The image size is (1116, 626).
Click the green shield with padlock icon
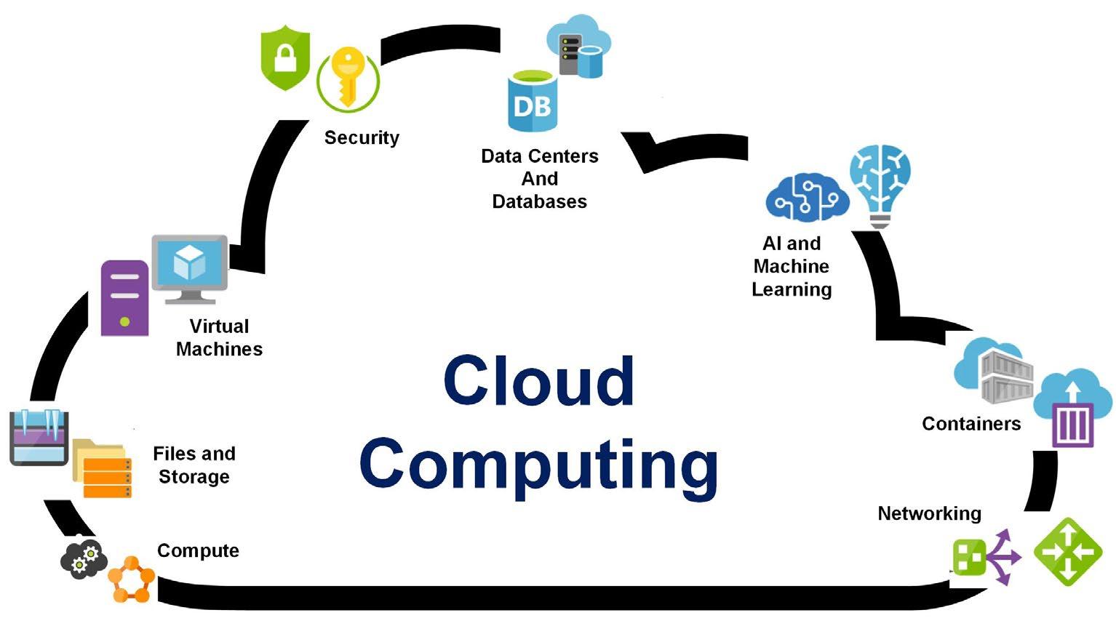coord(285,57)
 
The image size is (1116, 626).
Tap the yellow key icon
coord(348,78)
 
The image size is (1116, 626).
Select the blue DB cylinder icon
coord(533,102)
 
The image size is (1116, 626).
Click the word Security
coord(362,137)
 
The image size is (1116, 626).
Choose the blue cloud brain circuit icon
coord(807,197)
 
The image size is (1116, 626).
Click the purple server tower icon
coord(124,297)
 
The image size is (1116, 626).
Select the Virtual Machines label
coord(219,337)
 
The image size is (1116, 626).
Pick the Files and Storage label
coord(194,465)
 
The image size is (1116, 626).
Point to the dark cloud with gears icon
coord(84,558)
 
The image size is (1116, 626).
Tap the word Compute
coord(198,550)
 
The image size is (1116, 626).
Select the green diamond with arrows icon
coord(1068,552)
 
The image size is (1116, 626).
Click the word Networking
coord(929,513)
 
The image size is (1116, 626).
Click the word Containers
coord(971,423)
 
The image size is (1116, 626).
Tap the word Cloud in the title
coord(538,381)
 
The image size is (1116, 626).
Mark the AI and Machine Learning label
coord(792,266)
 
